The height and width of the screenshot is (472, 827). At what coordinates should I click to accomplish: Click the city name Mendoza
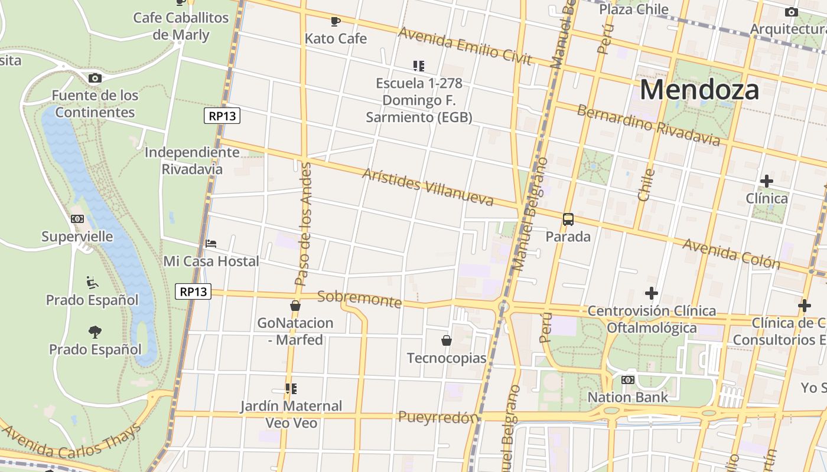point(699,90)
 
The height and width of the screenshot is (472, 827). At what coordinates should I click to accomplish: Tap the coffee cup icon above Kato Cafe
point(336,22)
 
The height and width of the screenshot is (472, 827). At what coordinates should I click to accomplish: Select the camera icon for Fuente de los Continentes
point(95,78)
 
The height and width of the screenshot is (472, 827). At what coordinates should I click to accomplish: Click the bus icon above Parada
point(568,219)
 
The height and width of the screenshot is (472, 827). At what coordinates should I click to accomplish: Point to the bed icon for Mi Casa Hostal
point(211,243)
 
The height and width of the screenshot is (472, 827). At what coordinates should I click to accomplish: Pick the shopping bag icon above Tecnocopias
point(447,340)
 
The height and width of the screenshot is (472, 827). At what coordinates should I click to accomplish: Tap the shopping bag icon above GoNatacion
point(295,306)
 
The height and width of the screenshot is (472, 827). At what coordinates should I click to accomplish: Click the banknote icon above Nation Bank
point(627,380)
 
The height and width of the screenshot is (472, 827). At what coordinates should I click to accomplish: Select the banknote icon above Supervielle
point(77,219)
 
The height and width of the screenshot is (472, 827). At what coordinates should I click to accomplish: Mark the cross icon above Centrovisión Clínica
point(652,293)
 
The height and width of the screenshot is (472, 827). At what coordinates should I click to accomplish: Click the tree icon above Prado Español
point(95,332)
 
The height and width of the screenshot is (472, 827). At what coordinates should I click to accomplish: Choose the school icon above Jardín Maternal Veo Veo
point(291,388)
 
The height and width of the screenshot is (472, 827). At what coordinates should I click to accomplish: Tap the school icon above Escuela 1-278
point(419,65)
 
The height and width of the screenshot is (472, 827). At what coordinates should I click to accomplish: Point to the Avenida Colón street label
point(731,253)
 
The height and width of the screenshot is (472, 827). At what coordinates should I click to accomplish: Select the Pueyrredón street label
point(437,418)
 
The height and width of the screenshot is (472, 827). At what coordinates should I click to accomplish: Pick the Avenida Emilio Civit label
point(465,45)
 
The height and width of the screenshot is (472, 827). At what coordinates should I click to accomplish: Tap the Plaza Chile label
point(633,9)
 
